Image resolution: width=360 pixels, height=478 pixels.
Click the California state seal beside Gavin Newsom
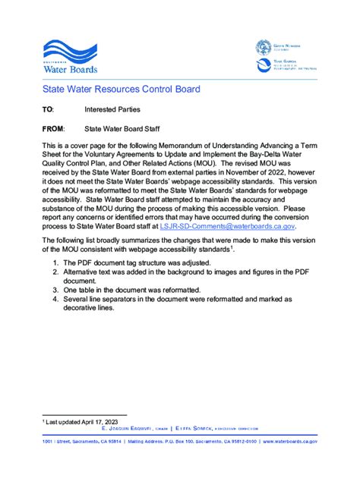point(262,46)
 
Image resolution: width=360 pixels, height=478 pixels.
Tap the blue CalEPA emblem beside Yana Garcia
point(262,67)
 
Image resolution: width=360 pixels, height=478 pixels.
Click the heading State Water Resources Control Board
point(121,90)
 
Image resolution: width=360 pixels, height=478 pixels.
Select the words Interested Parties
point(112,110)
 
